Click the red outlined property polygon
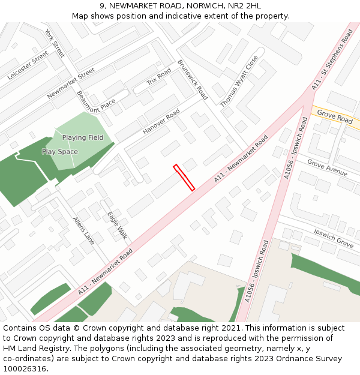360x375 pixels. pyautogui.click(x=184, y=178)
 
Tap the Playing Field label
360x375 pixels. pyautogui.click(x=83, y=138)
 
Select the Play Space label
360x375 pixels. pyautogui.click(x=60, y=152)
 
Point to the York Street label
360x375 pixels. pyautogui.click(x=55, y=43)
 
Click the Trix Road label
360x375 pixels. pyautogui.click(x=159, y=77)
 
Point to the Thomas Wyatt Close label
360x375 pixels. pyautogui.click(x=239, y=82)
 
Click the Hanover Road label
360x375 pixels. pyautogui.click(x=161, y=122)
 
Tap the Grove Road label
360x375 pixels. pyautogui.click(x=335, y=117)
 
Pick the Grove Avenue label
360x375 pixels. pyautogui.click(x=327, y=168)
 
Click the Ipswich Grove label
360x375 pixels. pyautogui.click(x=334, y=238)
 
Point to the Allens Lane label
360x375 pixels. pyautogui.click(x=83, y=230)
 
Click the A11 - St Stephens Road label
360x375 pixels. pyautogui.click(x=332, y=60)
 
